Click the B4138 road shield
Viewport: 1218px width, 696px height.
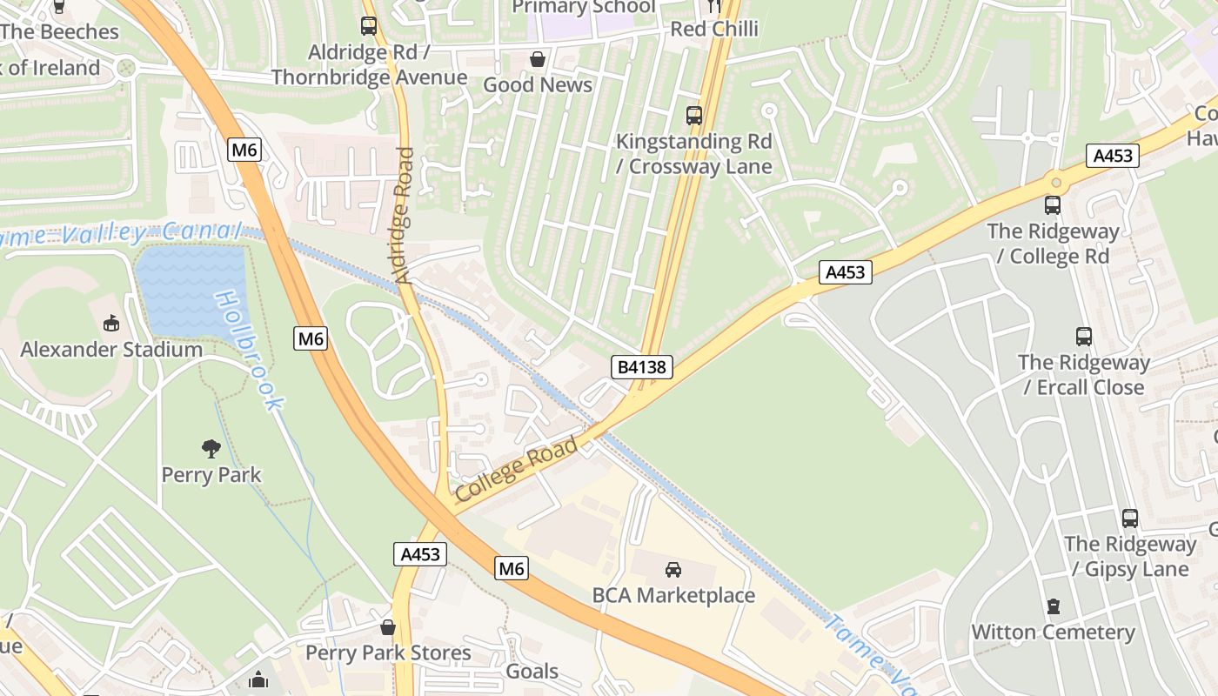click(642, 367)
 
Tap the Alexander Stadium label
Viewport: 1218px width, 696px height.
click(111, 350)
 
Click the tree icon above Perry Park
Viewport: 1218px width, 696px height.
click(211, 449)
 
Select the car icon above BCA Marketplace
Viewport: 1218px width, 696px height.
click(673, 570)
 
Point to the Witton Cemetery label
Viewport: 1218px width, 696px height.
click(1053, 632)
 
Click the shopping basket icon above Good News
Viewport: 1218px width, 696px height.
click(539, 59)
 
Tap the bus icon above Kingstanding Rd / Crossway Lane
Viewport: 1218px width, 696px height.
click(694, 115)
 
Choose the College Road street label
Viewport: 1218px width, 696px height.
click(517, 470)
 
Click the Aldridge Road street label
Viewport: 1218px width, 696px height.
click(405, 216)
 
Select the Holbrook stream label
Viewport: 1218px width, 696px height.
click(250, 350)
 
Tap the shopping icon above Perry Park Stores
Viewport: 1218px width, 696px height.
click(388, 627)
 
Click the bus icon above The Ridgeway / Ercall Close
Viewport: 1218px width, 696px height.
click(1084, 337)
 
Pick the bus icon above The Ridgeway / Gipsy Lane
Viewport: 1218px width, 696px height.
click(1130, 519)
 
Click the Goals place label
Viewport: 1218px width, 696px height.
click(532, 672)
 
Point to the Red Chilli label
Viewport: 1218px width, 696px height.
click(714, 29)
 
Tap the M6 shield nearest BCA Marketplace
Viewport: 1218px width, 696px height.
click(512, 569)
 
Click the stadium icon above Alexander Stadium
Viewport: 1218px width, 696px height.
click(111, 325)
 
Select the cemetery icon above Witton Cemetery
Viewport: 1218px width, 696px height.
click(1054, 606)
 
